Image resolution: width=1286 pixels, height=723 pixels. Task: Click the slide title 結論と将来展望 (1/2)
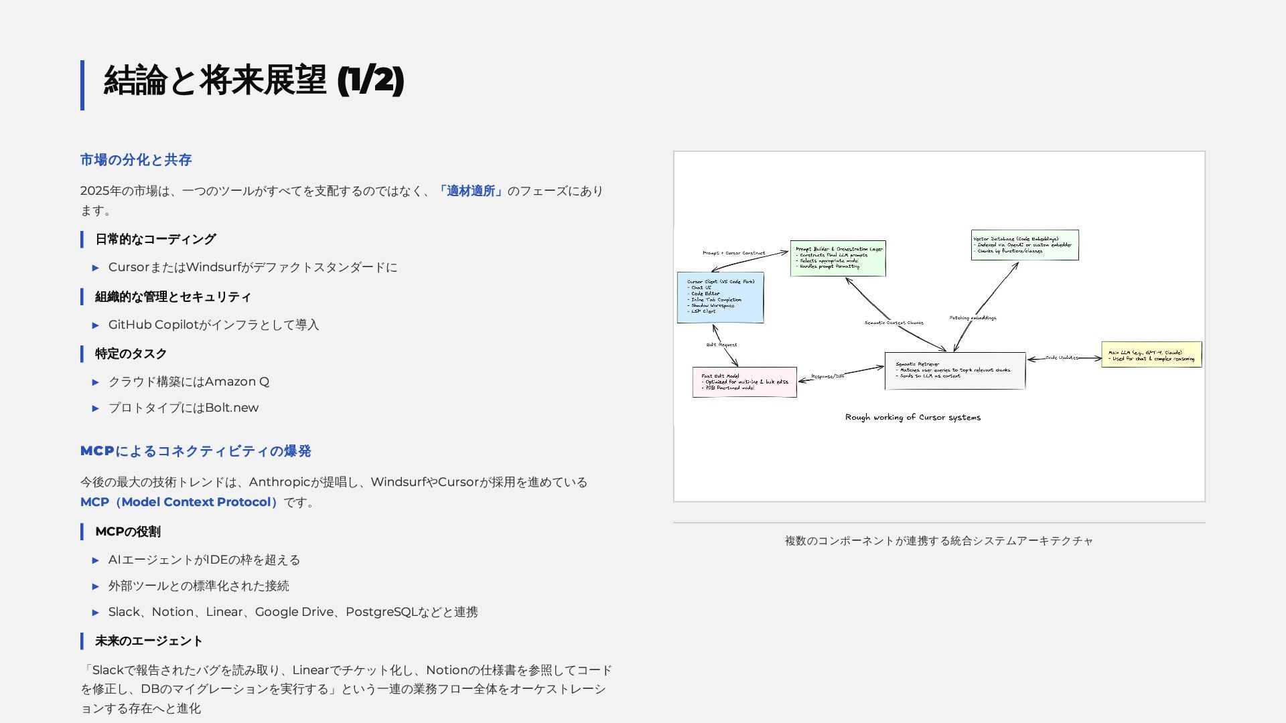(x=254, y=81)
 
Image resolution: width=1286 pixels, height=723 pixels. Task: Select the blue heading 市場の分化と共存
(x=136, y=160)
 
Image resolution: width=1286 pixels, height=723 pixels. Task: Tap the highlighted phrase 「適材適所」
(x=471, y=191)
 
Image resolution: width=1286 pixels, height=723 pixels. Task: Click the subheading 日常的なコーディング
(x=155, y=240)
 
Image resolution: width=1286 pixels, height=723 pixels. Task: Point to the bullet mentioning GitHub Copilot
(x=214, y=325)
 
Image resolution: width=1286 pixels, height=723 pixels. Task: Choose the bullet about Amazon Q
(x=189, y=382)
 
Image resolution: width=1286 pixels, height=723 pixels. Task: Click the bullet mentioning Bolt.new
(x=184, y=408)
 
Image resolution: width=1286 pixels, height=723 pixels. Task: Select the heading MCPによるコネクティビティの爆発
(x=196, y=451)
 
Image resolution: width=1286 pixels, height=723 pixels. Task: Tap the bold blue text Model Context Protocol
(x=196, y=502)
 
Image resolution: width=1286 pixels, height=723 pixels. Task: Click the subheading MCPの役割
(x=127, y=532)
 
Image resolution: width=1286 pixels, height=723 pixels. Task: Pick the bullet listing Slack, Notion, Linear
(x=293, y=613)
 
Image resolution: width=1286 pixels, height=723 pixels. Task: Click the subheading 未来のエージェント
(x=149, y=641)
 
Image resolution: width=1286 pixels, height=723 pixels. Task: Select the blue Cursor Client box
(x=720, y=297)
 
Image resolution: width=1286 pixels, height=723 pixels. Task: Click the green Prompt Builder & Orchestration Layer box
(x=838, y=258)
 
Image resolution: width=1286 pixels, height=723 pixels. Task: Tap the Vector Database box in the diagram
(x=1025, y=245)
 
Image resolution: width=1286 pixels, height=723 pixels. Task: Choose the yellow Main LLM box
(x=1151, y=355)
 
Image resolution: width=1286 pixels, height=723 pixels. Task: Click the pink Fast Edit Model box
(x=744, y=382)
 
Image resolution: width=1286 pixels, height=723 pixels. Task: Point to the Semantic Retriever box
(x=954, y=371)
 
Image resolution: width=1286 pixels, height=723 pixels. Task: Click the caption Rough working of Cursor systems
(x=912, y=418)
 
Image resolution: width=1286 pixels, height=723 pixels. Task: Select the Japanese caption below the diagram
(x=938, y=541)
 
